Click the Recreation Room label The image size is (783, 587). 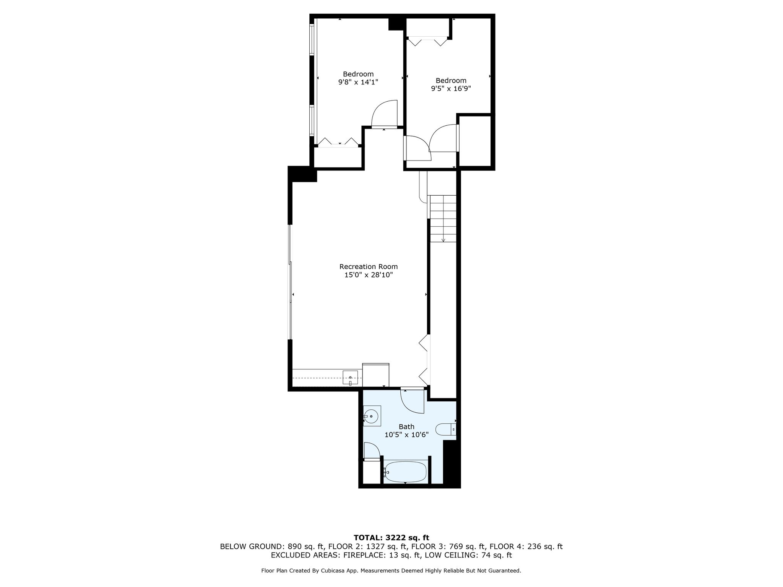[x=369, y=266]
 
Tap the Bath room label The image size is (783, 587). [x=406, y=426]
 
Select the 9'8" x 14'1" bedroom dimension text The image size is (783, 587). [x=358, y=82]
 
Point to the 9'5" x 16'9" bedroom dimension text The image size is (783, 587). [x=451, y=88]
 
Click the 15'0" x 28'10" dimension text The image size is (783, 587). [x=369, y=275]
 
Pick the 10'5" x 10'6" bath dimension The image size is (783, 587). [x=406, y=435]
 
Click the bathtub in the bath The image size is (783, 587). [x=405, y=472]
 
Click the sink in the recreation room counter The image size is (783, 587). [x=350, y=378]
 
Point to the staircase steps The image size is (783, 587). [x=443, y=219]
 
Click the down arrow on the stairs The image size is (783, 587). [x=443, y=235]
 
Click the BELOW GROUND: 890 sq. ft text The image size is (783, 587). [x=270, y=546]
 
